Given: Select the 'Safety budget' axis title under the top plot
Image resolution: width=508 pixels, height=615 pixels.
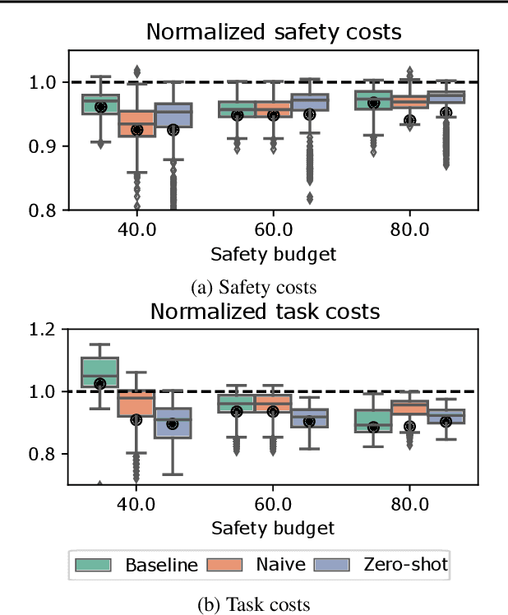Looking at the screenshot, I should (x=272, y=254).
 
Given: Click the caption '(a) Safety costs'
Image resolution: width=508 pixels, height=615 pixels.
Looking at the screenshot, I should (x=254, y=288).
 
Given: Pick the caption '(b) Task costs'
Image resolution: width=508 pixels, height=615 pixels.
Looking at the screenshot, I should (x=254, y=605).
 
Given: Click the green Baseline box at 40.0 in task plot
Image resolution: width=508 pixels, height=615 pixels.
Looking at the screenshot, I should (x=100, y=372).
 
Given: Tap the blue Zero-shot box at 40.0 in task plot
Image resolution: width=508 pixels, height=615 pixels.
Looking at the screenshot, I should (x=173, y=423).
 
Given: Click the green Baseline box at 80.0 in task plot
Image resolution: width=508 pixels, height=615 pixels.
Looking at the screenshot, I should (x=373, y=420).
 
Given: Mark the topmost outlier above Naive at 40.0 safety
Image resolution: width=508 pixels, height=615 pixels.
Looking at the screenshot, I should (x=136, y=71).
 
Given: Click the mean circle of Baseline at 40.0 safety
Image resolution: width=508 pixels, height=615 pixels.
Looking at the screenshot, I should (x=100, y=107).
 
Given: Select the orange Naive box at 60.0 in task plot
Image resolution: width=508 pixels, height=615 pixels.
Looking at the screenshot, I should (x=272, y=403).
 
